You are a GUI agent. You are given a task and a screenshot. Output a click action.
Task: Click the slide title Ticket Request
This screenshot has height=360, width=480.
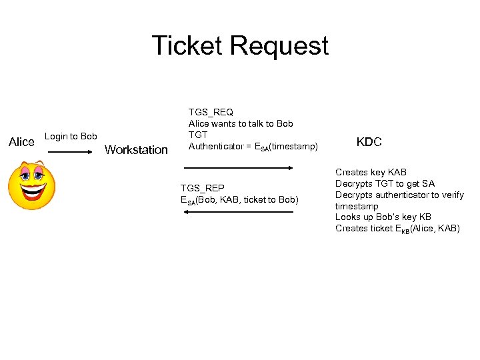point(240,45)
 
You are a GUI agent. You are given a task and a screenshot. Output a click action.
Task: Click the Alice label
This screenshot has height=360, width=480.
point(21,142)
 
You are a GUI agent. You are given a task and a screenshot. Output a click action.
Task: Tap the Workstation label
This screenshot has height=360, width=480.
point(137,150)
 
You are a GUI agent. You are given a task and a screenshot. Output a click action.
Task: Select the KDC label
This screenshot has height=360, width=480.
point(369,142)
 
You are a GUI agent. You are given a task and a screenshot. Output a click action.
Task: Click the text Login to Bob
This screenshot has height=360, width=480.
point(71,137)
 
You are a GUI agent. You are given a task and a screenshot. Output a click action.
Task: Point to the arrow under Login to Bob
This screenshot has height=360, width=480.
point(69,152)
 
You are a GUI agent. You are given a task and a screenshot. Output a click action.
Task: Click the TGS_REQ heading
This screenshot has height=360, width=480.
point(211,112)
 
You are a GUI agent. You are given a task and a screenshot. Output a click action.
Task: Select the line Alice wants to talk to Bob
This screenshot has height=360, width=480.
point(241,123)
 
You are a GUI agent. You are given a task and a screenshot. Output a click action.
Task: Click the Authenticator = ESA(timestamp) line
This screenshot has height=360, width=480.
point(253,147)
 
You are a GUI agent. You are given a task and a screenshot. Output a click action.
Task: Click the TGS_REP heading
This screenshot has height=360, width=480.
point(203,189)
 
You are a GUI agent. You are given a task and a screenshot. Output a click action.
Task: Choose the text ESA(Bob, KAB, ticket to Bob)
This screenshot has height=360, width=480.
point(239,200)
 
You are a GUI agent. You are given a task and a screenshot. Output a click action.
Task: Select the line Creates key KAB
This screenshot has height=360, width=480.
point(371,173)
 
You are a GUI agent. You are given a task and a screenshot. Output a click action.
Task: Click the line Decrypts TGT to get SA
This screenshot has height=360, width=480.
point(385,184)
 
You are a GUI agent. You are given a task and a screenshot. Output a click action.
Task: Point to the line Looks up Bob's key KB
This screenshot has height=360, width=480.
point(383,217)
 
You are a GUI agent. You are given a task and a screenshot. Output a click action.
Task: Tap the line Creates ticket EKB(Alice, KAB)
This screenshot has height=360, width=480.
point(397,229)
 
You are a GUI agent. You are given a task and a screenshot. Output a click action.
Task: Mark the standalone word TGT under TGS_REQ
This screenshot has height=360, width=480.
point(198,135)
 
